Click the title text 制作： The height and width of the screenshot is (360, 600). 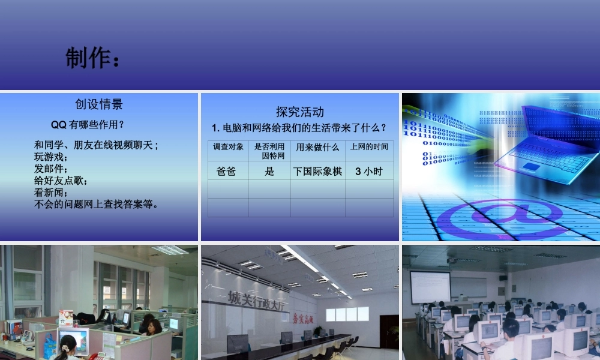coord(93,59)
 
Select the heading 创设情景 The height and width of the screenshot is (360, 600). coord(99,104)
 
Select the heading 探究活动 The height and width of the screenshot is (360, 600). coord(300,112)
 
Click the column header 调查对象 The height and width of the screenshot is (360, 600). coord(229,146)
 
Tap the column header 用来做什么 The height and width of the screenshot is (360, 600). coord(317,147)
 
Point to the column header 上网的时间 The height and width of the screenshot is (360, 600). coord(369,146)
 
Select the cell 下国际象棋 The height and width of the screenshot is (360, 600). coord(317,171)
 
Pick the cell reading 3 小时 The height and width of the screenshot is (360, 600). coord(368,171)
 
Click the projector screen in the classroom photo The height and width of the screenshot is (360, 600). coord(430,286)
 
